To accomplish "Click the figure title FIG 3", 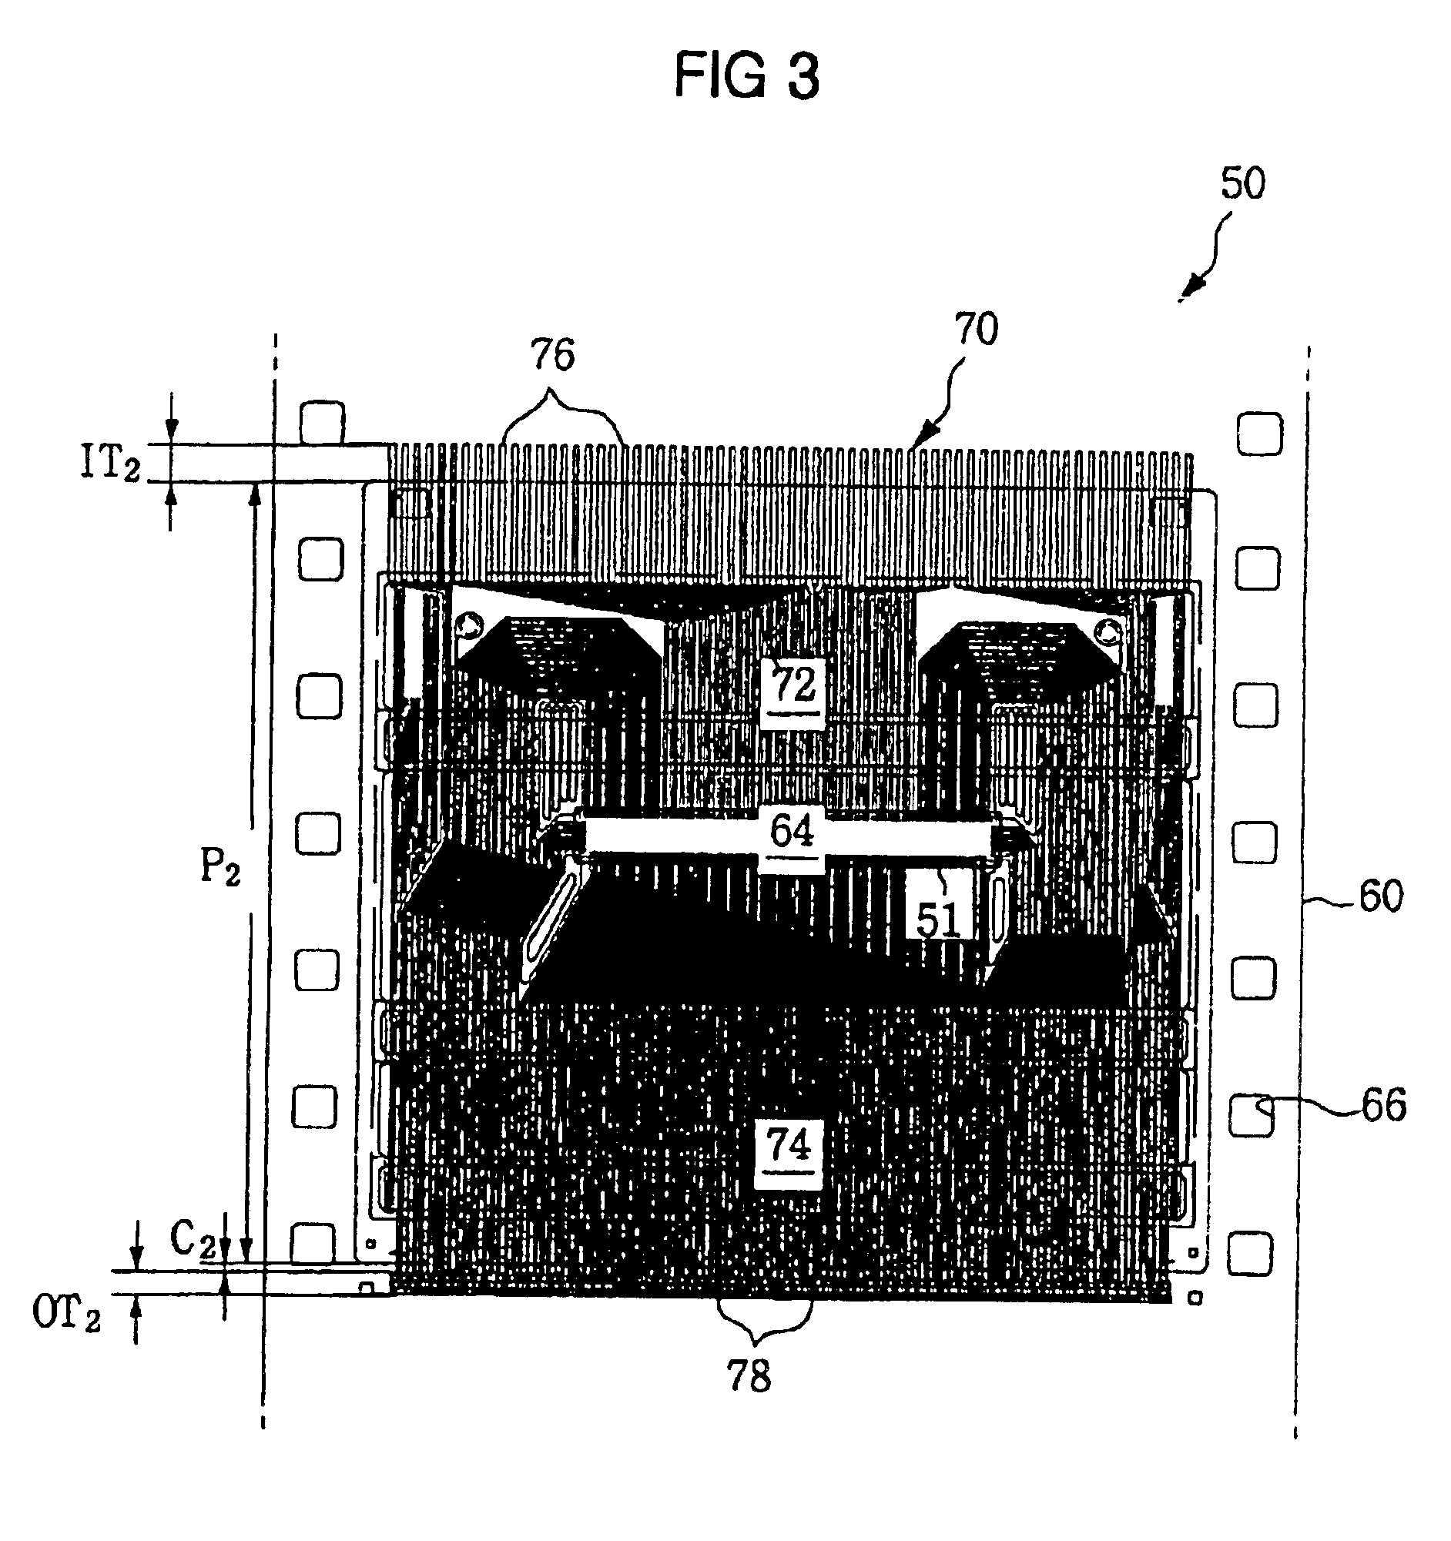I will point(746,76).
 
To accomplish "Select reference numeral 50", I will point(1242,184).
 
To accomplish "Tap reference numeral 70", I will point(976,330).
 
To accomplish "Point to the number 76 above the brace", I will point(553,356).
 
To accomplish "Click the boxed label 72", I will point(793,685).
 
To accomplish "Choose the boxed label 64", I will point(792,832).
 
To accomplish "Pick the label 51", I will point(938,920).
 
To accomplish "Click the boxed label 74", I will point(789,1144).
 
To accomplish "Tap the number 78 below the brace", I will point(749,1377).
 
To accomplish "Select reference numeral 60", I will point(1380,896).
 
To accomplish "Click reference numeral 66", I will point(1383,1106).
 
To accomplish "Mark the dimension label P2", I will point(220,866).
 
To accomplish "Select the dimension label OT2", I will point(67,1313).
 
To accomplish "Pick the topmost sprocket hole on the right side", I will point(1258,434).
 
